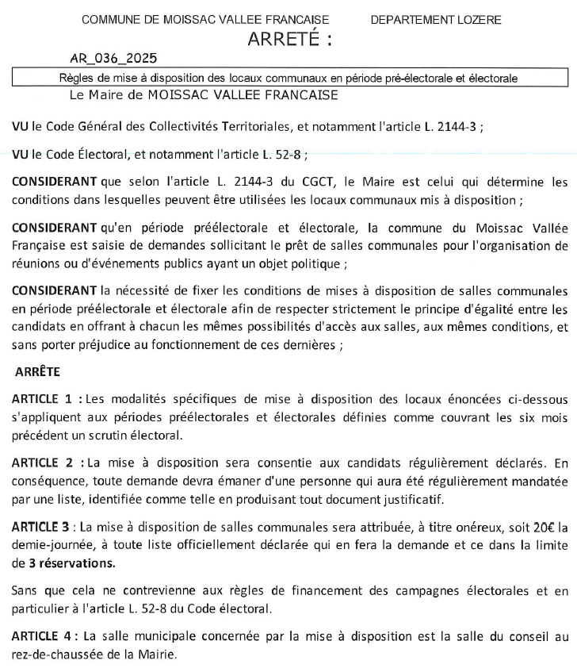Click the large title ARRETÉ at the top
(289, 40)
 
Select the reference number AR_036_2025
(113, 59)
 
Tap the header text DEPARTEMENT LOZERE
(436, 20)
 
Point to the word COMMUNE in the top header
(108, 20)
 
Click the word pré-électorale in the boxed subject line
(417, 79)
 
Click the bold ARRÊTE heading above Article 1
(39, 370)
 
